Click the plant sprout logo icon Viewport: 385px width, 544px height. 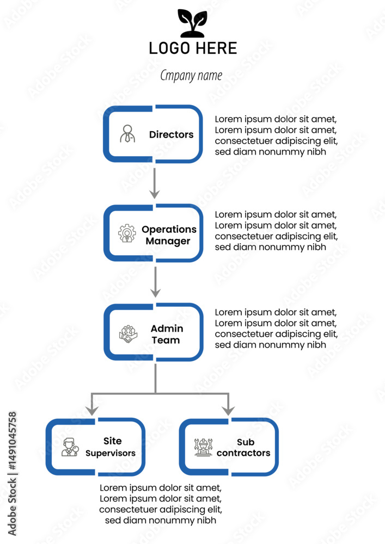point(192,23)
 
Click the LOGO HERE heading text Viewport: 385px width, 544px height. point(193,48)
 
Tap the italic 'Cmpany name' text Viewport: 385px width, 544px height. point(191,76)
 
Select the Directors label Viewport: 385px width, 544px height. point(171,134)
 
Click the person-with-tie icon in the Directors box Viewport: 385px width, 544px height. point(127,134)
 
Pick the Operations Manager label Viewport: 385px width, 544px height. point(169,235)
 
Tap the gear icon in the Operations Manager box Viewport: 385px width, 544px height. point(127,233)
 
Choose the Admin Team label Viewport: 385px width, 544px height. point(167,334)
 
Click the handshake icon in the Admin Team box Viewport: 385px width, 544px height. point(128,334)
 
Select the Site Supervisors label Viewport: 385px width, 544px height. point(111,447)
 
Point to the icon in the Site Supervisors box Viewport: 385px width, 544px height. point(70,447)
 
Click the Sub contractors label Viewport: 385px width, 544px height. point(243,447)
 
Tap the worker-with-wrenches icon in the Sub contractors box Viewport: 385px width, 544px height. point(203,447)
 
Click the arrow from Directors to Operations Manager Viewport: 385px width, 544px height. point(155,183)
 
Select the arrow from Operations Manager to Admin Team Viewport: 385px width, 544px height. point(155,282)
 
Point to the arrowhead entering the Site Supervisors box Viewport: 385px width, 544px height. point(91,411)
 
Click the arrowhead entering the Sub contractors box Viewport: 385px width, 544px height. point(228,411)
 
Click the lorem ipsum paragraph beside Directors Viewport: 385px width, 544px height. point(276,135)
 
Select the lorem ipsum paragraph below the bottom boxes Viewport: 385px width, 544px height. point(161,504)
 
